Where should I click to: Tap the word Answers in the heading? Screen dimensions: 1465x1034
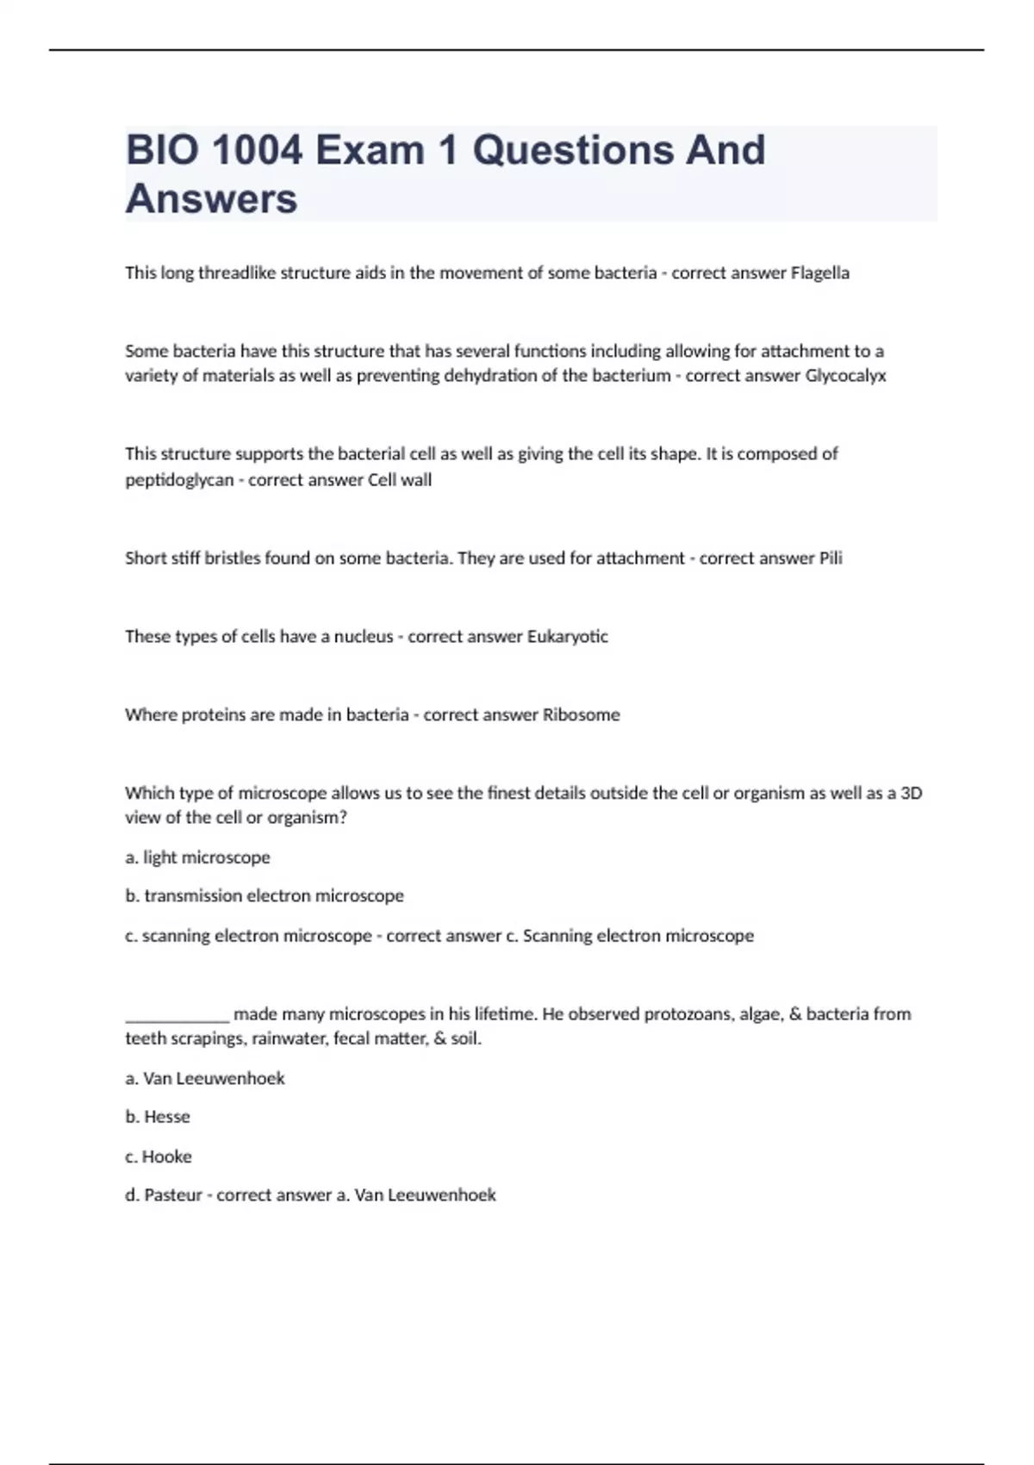tap(211, 199)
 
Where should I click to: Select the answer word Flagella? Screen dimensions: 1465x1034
tap(819, 273)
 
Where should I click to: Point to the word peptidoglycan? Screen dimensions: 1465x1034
tap(179, 480)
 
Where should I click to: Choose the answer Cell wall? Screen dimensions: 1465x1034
tap(400, 480)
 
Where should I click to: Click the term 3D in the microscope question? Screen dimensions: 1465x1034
tap(911, 793)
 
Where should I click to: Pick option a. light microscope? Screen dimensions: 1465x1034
tap(197, 857)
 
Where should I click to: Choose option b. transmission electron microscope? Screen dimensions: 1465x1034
tap(265, 896)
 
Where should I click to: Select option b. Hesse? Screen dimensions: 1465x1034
tap(158, 1117)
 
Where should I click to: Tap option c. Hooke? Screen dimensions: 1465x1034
tap(159, 1156)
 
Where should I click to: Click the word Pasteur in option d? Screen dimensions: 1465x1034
tap(172, 1195)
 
